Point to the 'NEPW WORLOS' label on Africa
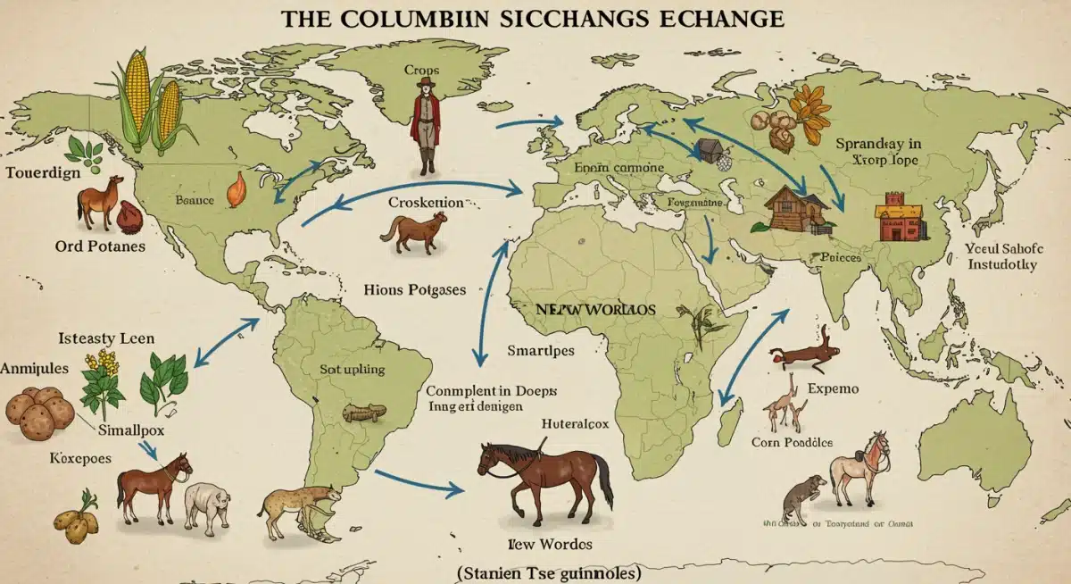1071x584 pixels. coord(595,309)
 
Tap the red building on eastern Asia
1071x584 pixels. coord(899,217)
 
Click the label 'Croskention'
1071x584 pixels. coord(426,203)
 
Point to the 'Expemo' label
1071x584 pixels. coord(832,389)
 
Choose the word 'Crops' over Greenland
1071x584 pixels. coord(422,69)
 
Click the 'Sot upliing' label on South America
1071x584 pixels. coord(352,369)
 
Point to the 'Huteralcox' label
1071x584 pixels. coord(575,425)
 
